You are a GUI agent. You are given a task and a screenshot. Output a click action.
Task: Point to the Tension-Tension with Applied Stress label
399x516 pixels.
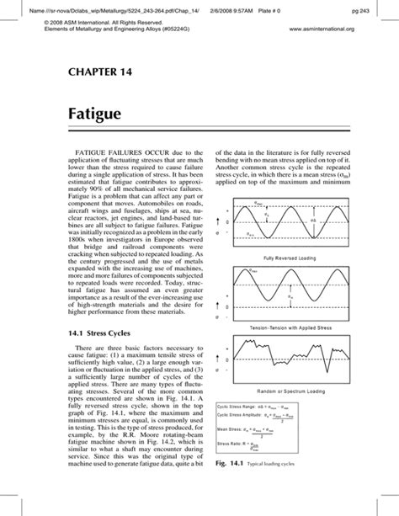point(291,327)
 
